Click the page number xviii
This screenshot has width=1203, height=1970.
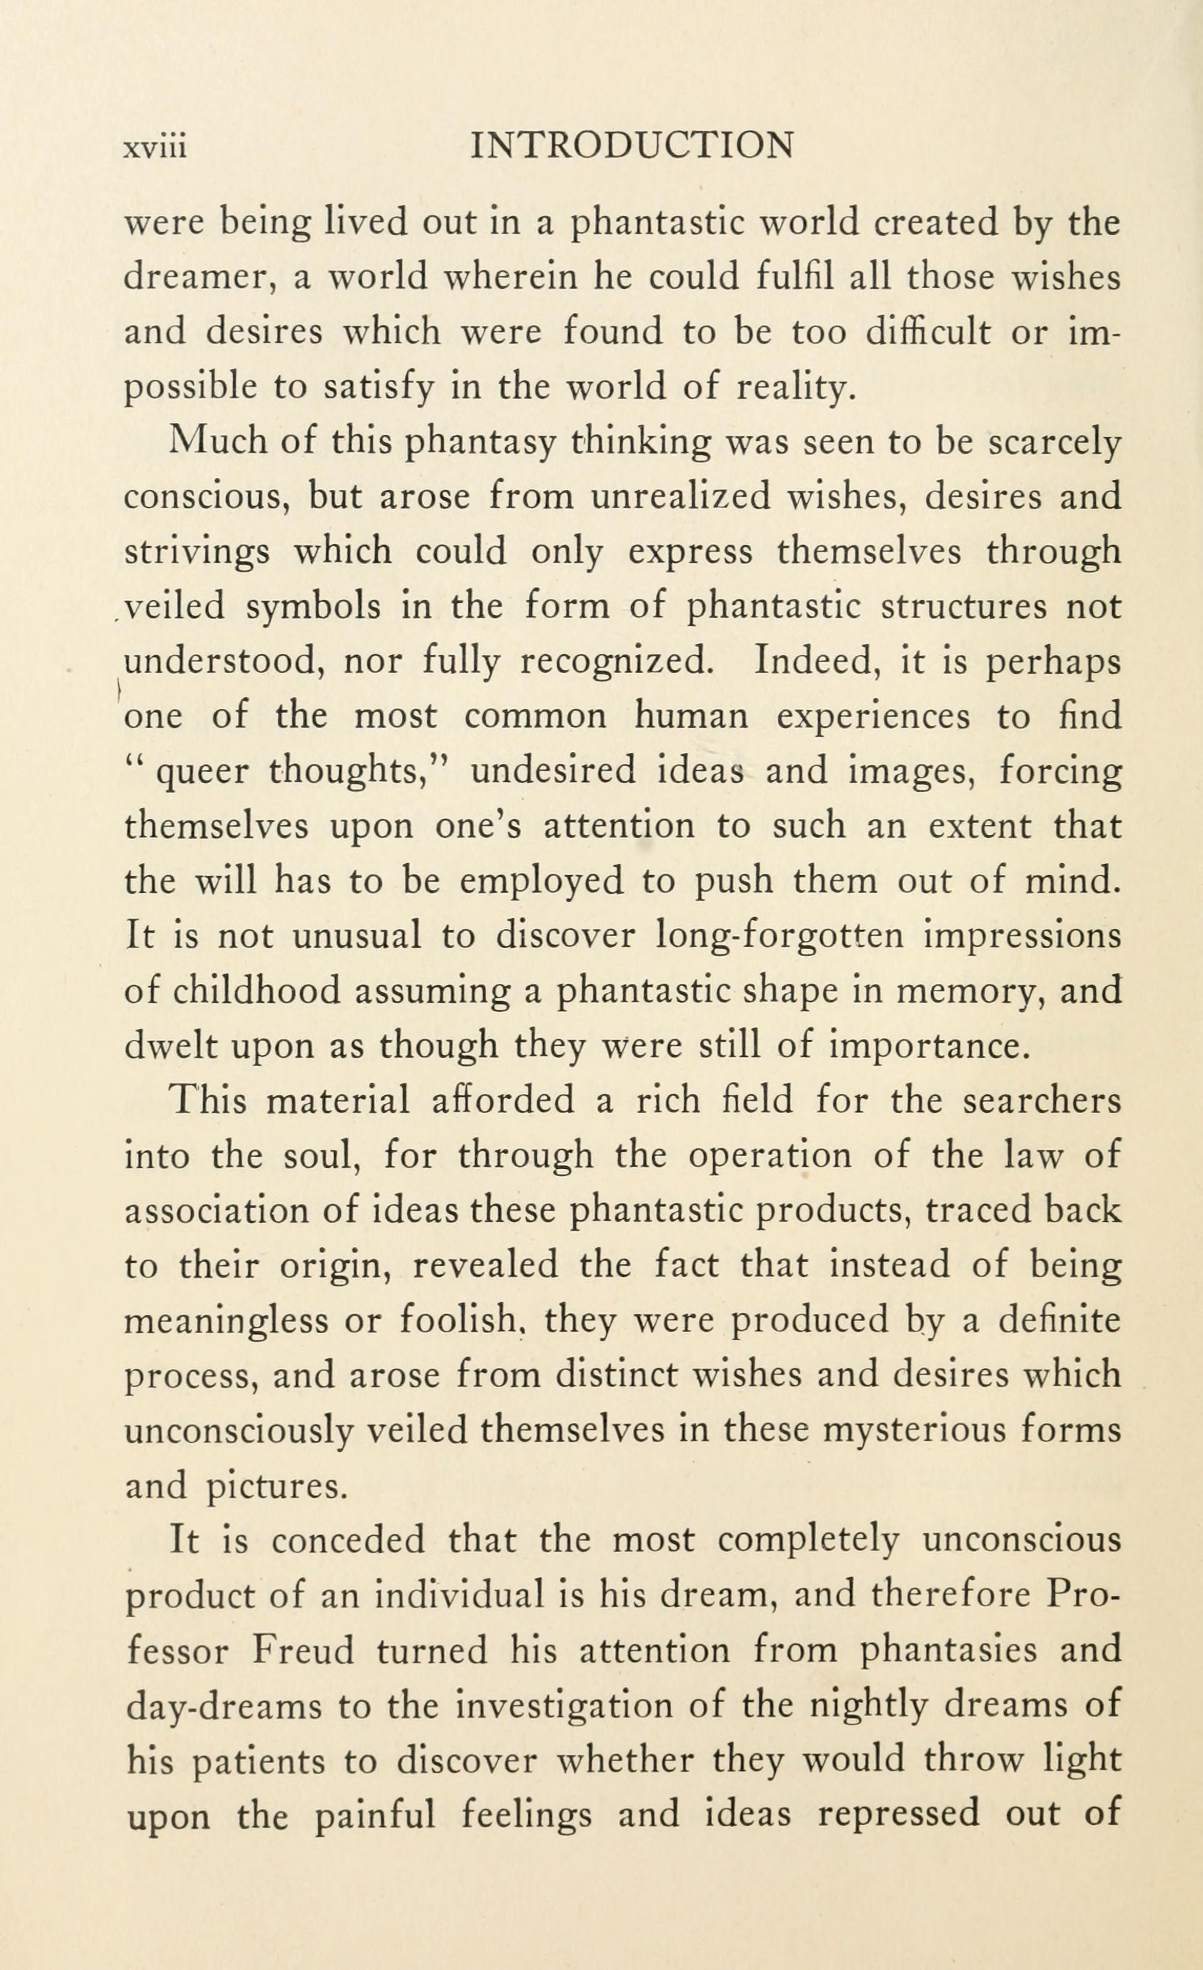point(155,147)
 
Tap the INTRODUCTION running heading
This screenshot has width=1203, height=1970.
point(632,145)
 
